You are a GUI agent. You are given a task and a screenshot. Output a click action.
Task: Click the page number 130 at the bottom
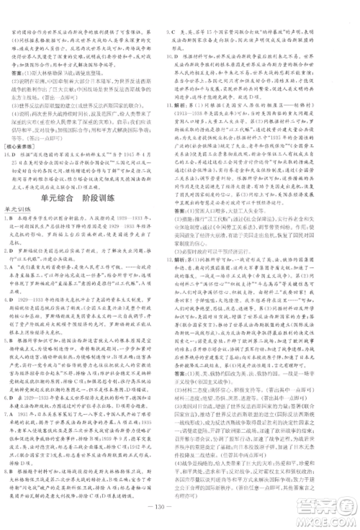[179, 518]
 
